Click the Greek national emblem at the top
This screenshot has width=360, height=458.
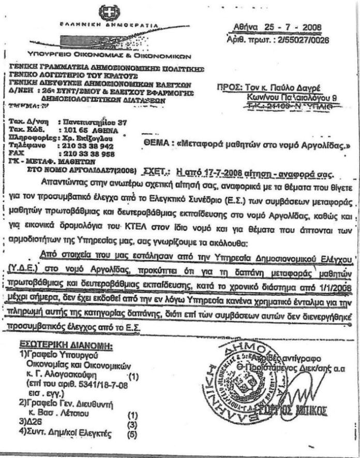[x=109, y=13]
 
